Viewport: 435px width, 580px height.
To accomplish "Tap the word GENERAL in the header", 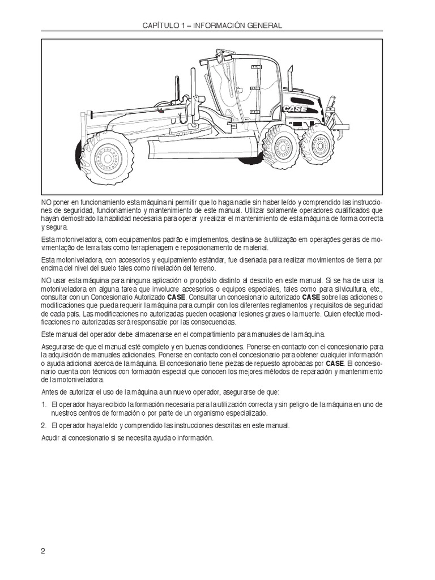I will point(263,26).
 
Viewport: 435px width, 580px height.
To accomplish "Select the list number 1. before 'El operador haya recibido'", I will point(44,404).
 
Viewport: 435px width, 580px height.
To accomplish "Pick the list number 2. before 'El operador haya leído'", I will point(44,425).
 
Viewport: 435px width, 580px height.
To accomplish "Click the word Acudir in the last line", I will point(52,438).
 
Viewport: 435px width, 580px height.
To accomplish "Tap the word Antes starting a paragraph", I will point(52,392).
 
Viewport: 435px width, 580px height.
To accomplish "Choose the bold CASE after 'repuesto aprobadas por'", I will point(336,362).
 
